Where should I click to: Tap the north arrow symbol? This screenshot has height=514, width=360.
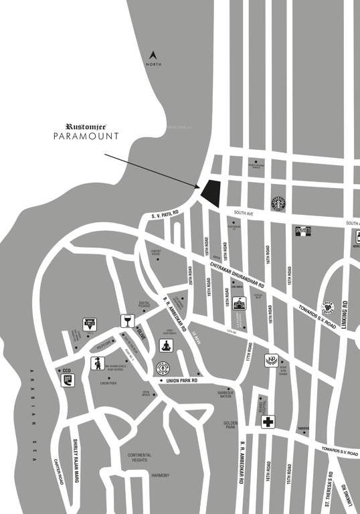pos(153,55)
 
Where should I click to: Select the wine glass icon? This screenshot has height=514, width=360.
pos(127,321)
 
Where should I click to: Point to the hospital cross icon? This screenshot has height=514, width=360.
pos(268,422)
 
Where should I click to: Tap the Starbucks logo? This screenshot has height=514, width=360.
pos(278,203)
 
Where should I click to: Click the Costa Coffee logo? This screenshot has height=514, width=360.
pos(329,307)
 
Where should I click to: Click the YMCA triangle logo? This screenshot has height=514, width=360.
pos(89,325)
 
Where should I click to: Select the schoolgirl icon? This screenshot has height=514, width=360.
pos(98,363)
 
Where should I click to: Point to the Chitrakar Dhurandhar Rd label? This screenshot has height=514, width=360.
pos(237,276)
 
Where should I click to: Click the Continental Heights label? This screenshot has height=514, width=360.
pos(140,458)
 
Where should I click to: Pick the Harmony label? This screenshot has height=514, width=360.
pos(160,476)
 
